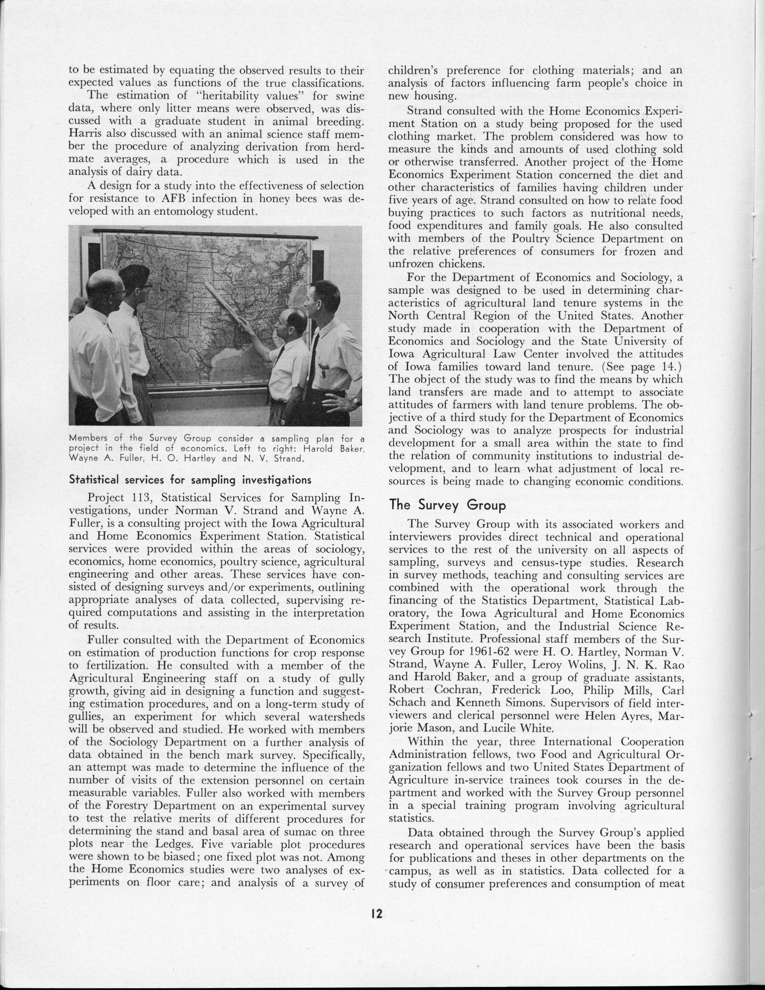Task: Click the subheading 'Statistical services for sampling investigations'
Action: pos(184,480)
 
